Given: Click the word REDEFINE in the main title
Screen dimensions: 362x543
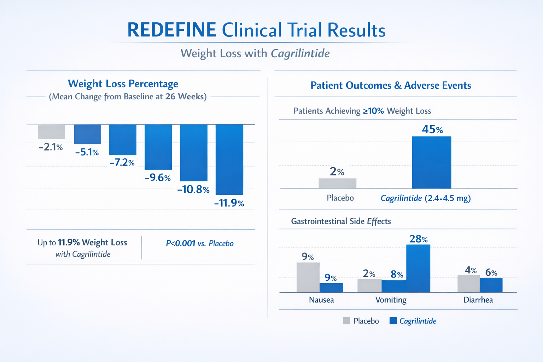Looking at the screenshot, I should click(171, 30).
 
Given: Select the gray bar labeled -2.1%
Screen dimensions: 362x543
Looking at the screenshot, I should click(52, 132).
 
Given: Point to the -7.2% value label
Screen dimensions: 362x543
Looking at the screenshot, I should click(122, 163).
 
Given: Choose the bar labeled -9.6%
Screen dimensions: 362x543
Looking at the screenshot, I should click(158, 147).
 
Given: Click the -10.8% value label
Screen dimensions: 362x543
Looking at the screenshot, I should click(193, 189).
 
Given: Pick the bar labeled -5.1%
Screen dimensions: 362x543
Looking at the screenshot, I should click(87, 134).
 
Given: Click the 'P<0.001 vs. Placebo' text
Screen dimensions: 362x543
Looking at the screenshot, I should click(200, 243).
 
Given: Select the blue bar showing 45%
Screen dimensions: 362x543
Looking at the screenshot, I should click(431, 162).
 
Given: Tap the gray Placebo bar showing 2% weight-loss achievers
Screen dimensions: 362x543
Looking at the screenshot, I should click(337, 183).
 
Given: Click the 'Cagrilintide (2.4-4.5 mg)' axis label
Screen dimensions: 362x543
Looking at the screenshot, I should click(426, 198).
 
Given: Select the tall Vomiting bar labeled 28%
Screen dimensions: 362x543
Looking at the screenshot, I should click(418, 268).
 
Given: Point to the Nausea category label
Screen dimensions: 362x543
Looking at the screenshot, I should click(321, 300).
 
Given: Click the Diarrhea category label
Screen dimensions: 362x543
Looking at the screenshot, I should click(478, 300).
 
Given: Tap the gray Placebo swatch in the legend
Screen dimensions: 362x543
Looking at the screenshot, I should click(346, 321).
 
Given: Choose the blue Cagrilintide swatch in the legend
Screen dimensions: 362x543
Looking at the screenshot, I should click(393, 321).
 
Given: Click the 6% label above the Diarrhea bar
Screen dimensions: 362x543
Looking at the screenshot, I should click(491, 273).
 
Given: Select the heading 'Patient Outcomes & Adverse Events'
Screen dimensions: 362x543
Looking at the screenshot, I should click(391, 85).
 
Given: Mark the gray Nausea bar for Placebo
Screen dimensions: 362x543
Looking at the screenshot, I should click(308, 277).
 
